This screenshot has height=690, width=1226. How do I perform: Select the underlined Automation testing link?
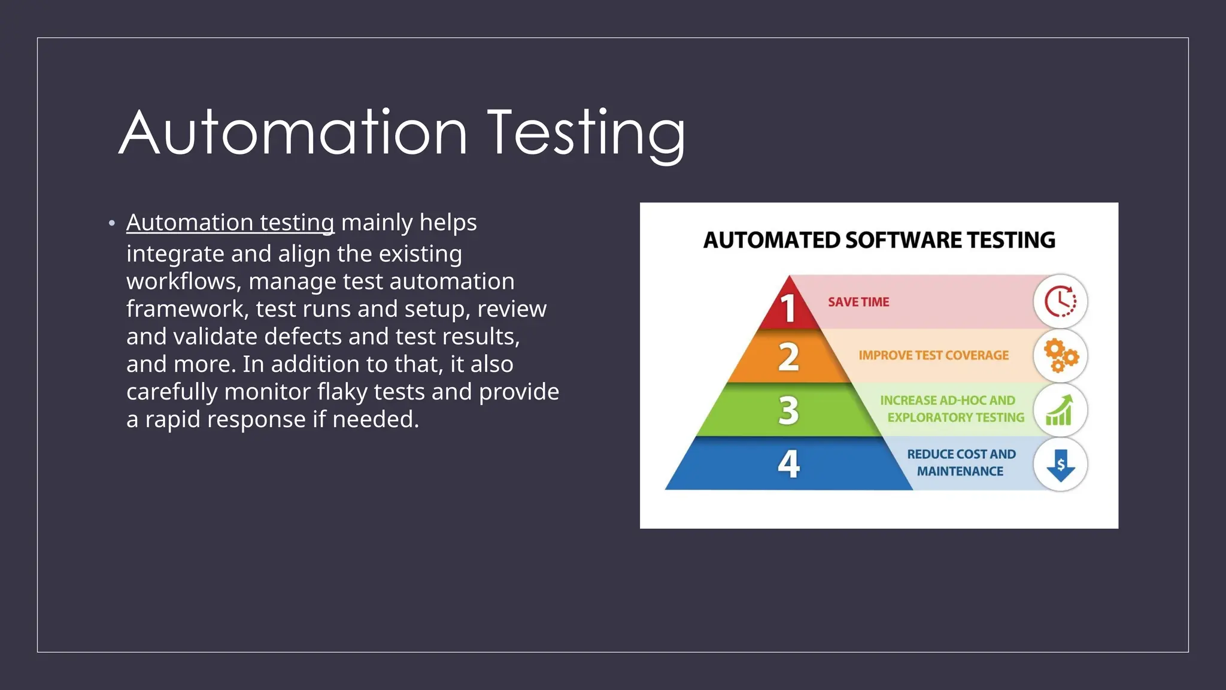[230, 223]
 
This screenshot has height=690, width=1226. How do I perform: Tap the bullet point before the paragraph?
[112, 223]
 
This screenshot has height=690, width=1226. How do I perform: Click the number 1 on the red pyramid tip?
[788, 308]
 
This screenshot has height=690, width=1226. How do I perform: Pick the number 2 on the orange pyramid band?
[788, 357]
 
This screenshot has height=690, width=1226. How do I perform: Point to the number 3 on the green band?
[788, 411]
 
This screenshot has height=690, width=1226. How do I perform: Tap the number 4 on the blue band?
[788, 464]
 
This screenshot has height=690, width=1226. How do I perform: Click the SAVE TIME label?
[858, 302]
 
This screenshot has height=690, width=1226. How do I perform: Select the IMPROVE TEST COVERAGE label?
[933, 356]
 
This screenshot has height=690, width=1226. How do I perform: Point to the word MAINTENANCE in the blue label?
[960, 471]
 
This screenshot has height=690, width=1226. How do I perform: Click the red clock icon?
[1060, 302]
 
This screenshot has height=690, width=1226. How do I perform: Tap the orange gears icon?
[1060, 356]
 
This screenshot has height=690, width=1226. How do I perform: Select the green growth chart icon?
[1060, 411]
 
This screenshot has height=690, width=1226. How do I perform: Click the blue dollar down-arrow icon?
[1060, 465]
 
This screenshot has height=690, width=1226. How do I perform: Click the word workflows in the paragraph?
[184, 282]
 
